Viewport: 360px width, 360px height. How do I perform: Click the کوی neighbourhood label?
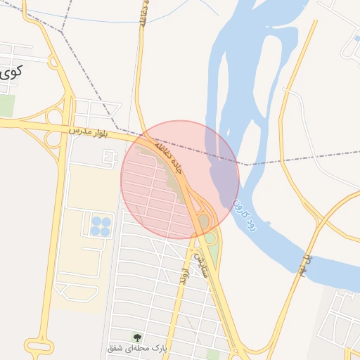click(9, 72)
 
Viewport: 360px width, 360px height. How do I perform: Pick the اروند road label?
click(183, 275)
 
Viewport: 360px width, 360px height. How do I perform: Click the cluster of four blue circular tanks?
click(100, 226)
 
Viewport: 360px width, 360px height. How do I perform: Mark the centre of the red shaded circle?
click(180, 180)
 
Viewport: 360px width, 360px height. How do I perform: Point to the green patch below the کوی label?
click(7, 105)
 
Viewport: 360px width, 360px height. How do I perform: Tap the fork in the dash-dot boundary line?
click(62, 32)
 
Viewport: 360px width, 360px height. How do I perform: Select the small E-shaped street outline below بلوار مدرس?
click(108, 159)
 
